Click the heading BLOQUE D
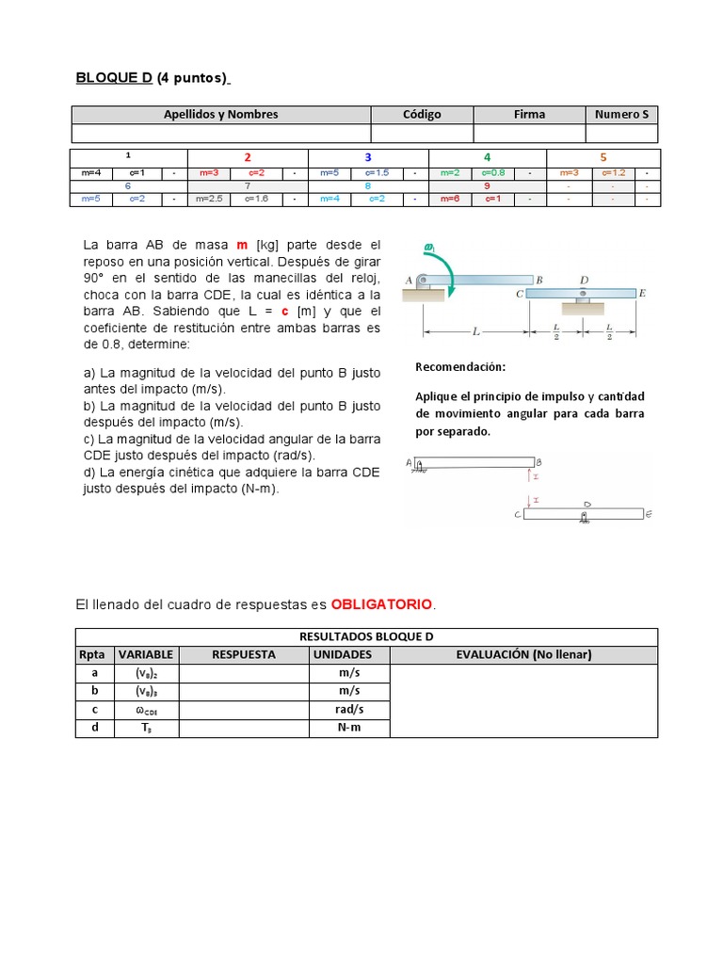114,78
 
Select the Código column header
422,115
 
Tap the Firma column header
529,115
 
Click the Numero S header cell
621,115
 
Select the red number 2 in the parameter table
248,157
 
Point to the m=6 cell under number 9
449,199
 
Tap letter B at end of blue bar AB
539,280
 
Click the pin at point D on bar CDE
585,294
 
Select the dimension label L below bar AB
476,332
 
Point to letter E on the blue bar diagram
642,294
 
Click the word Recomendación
460,367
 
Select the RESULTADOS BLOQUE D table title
366,636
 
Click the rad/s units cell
349,710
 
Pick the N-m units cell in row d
349,728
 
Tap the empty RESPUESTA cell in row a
244,673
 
